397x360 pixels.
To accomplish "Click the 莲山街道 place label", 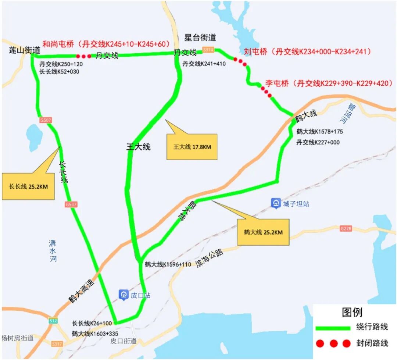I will pyautogui.click(x=25, y=50).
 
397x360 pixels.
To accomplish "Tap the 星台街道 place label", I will pyautogui.click(x=200, y=38).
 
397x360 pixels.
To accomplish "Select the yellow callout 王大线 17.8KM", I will pyautogui.click(x=192, y=147).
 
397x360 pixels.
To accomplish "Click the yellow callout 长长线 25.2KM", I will pyautogui.click(x=28, y=186).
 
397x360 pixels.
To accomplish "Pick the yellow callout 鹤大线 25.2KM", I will pyautogui.click(x=263, y=232).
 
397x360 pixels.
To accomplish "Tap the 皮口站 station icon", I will pyautogui.click(x=123, y=295).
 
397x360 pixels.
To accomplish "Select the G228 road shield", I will pyautogui.click(x=346, y=228).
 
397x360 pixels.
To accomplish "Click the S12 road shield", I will pyautogui.click(x=53, y=321).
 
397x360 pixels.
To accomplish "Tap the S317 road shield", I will pyautogui.click(x=57, y=343).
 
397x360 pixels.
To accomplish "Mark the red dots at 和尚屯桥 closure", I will pyautogui.click(x=83, y=56).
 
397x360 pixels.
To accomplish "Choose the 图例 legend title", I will pyautogui.click(x=352, y=312).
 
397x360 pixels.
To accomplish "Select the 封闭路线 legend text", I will pyautogui.click(x=372, y=343).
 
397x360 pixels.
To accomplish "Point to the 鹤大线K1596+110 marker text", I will pyautogui.click(x=168, y=264).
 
